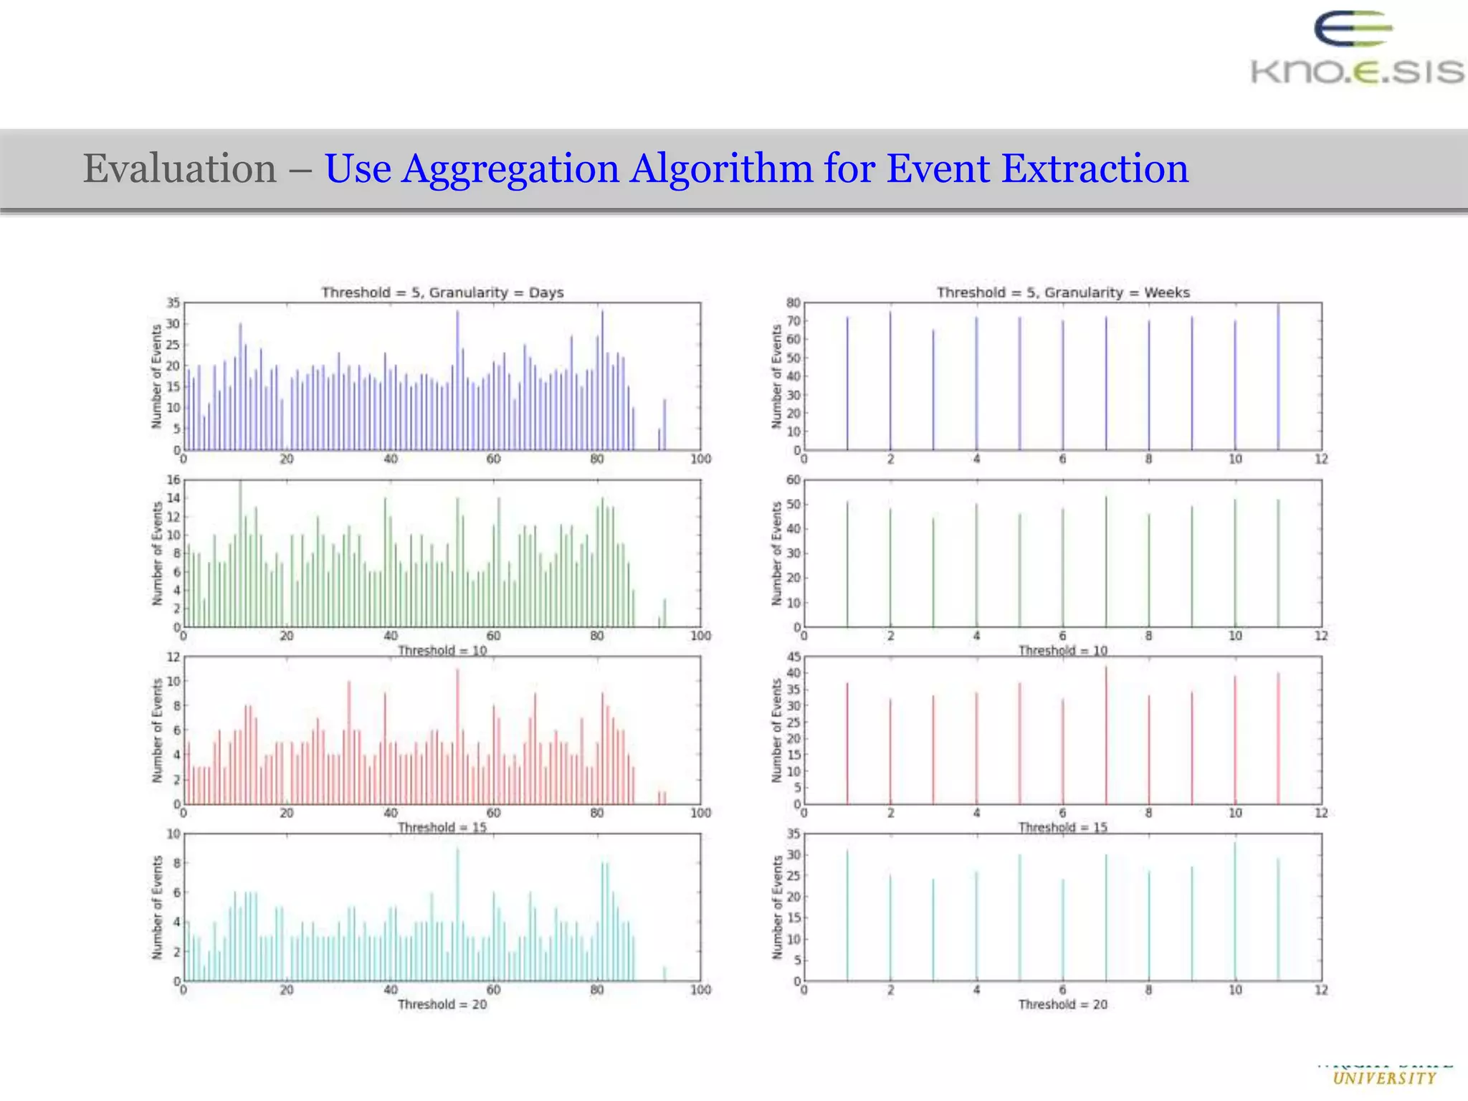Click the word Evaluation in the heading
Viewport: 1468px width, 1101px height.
click(x=179, y=169)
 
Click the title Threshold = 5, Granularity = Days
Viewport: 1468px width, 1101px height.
click(x=442, y=292)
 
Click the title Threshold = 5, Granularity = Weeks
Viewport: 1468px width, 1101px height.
click(x=1063, y=292)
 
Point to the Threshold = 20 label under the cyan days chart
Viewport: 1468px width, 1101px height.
click(x=442, y=1004)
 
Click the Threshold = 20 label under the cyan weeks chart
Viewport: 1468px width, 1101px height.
click(x=1063, y=1004)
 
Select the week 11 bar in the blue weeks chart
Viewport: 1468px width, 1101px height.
click(x=1278, y=376)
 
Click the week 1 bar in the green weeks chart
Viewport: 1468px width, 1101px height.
click(x=847, y=563)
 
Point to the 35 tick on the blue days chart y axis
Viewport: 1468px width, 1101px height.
click(x=173, y=302)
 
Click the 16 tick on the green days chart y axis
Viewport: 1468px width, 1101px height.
click(x=173, y=480)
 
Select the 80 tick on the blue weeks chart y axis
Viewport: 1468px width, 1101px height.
click(x=793, y=302)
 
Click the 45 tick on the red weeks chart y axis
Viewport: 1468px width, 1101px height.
click(x=793, y=657)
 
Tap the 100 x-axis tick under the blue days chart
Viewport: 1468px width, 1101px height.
click(x=700, y=459)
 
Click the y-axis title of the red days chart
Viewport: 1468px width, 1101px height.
click(x=157, y=730)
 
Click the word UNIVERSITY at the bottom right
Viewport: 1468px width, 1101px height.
click(x=1385, y=1078)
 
